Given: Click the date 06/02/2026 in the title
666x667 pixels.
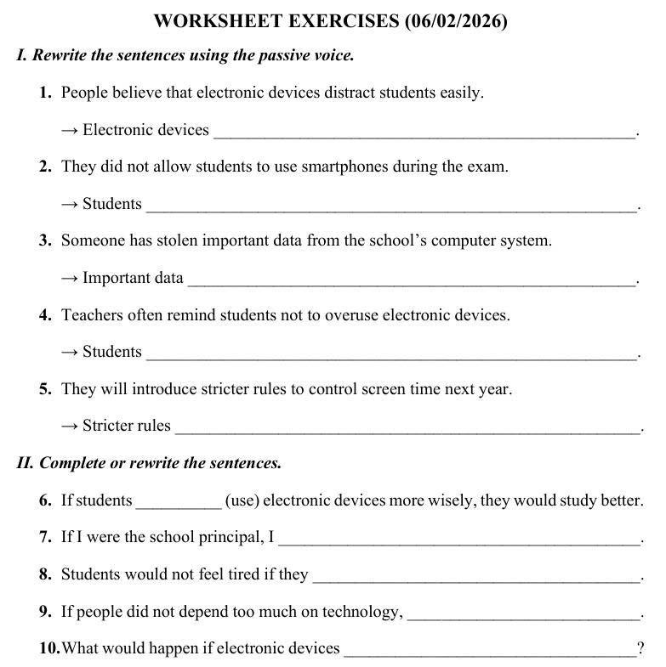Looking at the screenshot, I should (x=457, y=21).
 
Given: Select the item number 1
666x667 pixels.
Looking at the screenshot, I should (x=46, y=93).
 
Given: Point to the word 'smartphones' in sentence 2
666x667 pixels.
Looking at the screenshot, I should (x=344, y=167).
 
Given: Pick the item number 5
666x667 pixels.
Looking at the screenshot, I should (x=46, y=389).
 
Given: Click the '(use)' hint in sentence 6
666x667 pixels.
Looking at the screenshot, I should (x=242, y=500).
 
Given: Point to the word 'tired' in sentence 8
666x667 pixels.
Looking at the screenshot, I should (x=244, y=574).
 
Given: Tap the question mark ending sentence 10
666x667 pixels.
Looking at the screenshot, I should (x=640, y=649).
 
